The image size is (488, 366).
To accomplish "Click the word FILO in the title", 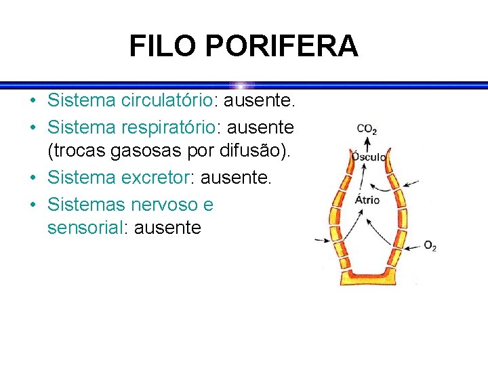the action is pyautogui.click(x=163, y=46).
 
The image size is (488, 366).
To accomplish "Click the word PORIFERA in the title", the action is pyautogui.click(x=280, y=46).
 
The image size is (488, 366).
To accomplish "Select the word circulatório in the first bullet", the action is pyautogui.click(x=167, y=101).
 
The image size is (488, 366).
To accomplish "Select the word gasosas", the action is pyautogui.click(x=152, y=151).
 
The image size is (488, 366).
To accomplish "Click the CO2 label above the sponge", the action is pyautogui.click(x=367, y=129).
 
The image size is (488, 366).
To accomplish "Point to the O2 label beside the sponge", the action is pyautogui.click(x=430, y=246).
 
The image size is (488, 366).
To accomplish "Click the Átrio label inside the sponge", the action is pyautogui.click(x=367, y=199).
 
